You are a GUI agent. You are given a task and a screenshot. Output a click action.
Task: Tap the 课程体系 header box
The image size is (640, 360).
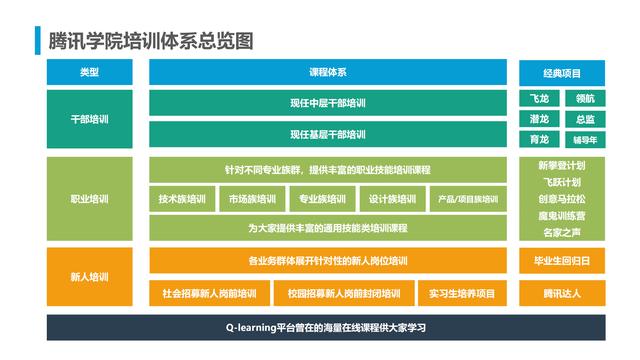(328, 73)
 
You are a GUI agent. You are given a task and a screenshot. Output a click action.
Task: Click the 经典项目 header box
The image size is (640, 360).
(561, 73)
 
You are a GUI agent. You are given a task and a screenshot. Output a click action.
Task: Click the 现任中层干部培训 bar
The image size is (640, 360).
(328, 103)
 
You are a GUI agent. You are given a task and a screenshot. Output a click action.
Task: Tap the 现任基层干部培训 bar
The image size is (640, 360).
(328, 135)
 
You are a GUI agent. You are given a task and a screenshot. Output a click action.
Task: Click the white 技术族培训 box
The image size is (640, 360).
(182, 199)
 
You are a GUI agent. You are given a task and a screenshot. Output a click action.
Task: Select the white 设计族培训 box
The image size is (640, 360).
(392, 199)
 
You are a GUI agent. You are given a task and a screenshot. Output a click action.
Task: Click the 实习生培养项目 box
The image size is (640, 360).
(462, 294)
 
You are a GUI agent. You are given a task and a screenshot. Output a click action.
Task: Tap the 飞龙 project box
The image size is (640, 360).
(539, 99)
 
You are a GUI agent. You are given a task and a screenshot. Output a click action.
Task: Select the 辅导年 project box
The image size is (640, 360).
(585, 139)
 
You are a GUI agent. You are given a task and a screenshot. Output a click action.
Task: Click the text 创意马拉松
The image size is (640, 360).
(561, 199)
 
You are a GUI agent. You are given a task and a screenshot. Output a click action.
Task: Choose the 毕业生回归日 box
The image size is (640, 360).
(561, 261)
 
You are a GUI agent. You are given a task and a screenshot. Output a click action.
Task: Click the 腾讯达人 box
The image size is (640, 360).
(561, 294)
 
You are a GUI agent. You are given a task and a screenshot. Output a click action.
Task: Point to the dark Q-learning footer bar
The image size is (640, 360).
(326, 328)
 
